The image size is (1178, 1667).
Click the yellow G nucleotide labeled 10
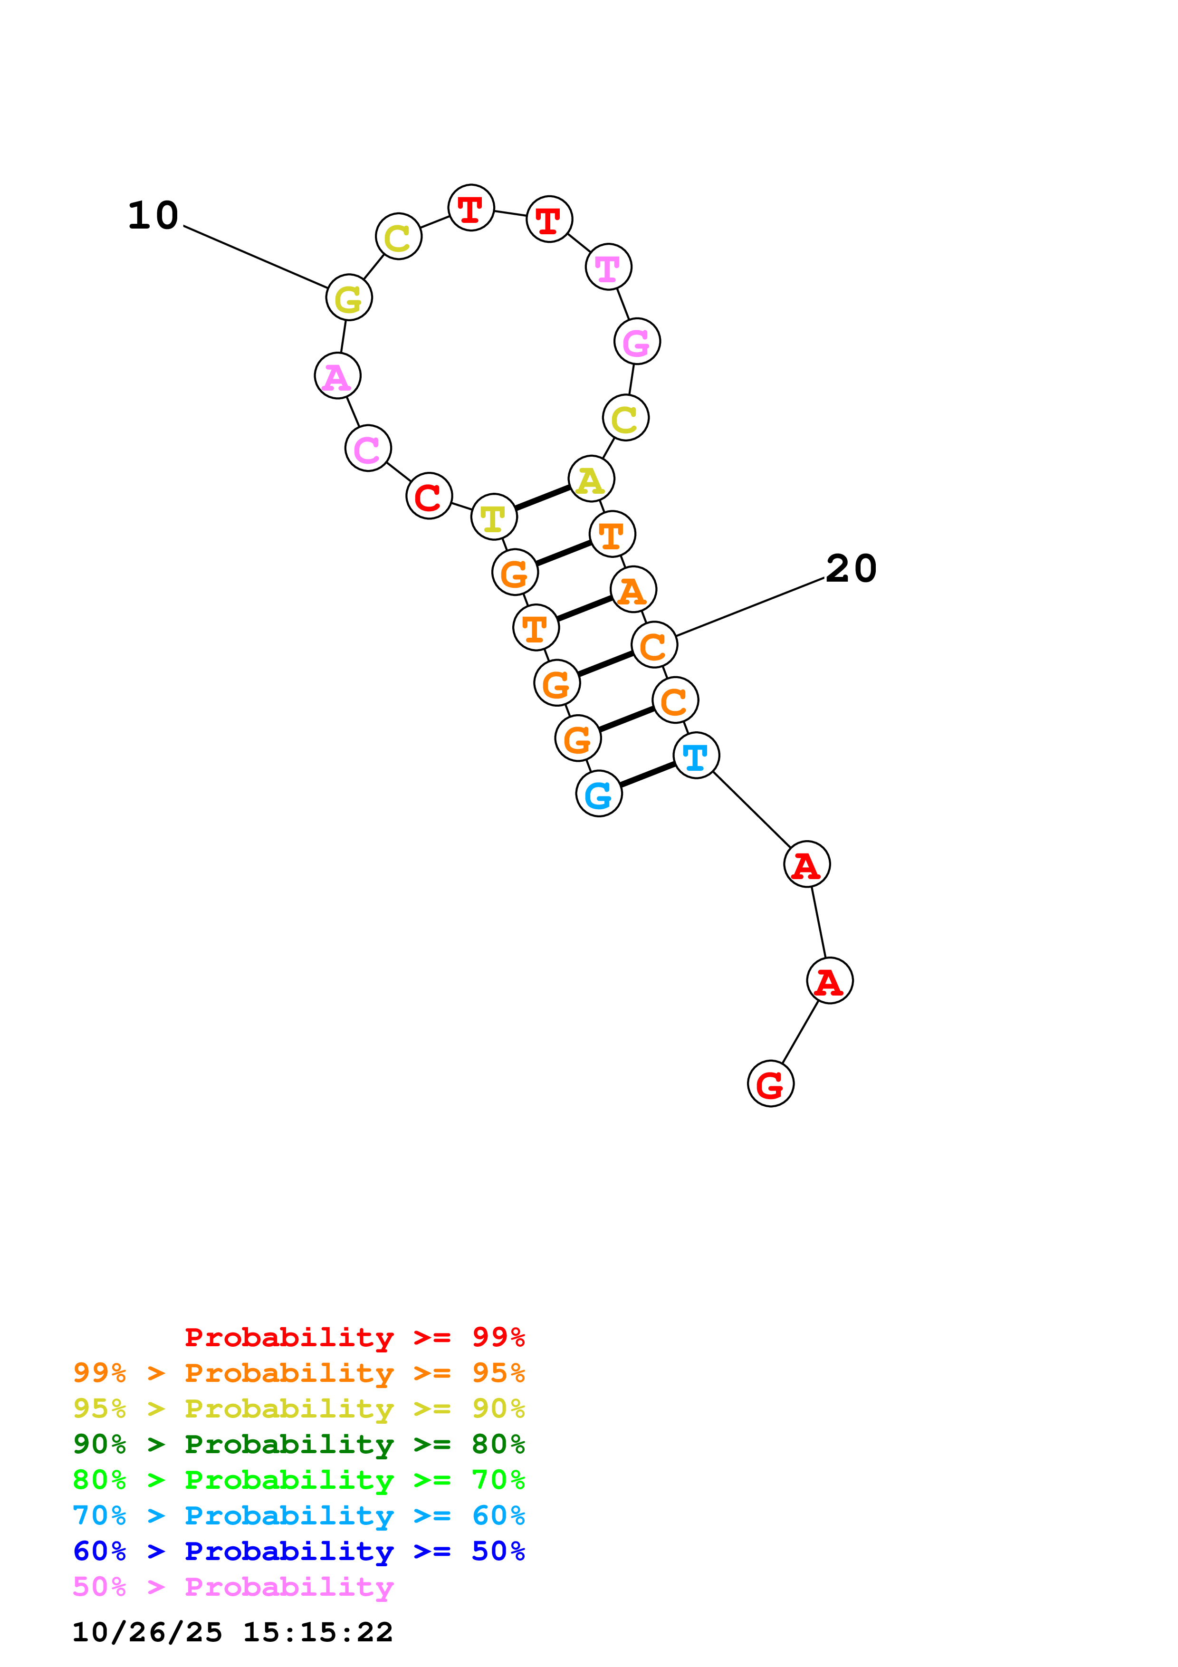click(349, 297)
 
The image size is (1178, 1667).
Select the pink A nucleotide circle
click(337, 376)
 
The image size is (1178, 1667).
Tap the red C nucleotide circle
click(429, 496)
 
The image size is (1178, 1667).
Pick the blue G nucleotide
click(599, 794)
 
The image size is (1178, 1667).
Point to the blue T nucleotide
click(696, 756)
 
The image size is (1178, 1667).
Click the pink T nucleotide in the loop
click(608, 267)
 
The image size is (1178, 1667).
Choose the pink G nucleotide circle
click(637, 341)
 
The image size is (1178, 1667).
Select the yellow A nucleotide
click(592, 479)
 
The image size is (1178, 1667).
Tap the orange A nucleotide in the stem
click(633, 590)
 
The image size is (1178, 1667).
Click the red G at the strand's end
click(770, 1084)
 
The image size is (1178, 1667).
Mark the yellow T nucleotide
click(494, 517)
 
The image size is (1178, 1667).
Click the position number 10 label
click(153, 216)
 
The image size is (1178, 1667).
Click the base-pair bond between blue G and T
click(647, 775)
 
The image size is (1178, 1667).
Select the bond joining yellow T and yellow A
click(542, 498)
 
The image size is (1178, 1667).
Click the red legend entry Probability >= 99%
click(354, 1337)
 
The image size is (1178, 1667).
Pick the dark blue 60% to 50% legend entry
click(298, 1552)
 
